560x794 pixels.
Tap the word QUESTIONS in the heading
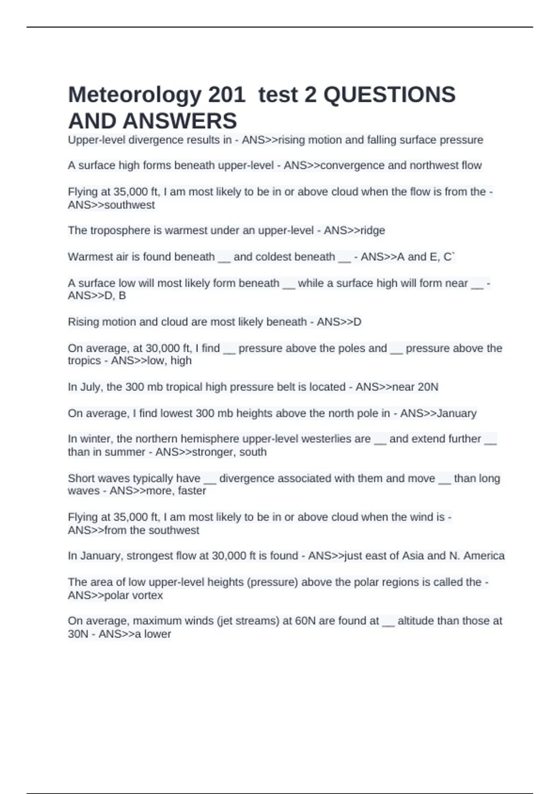pyautogui.click(x=389, y=95)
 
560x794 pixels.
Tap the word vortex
pyautogui.click(x=147, y=595)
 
